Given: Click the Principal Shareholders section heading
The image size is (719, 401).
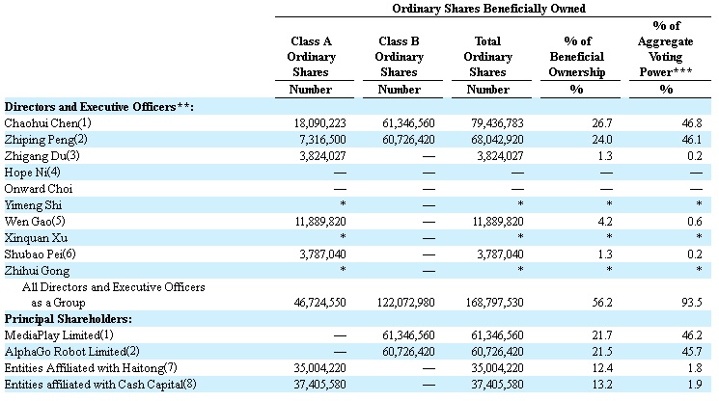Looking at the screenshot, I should tap(69, 317).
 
